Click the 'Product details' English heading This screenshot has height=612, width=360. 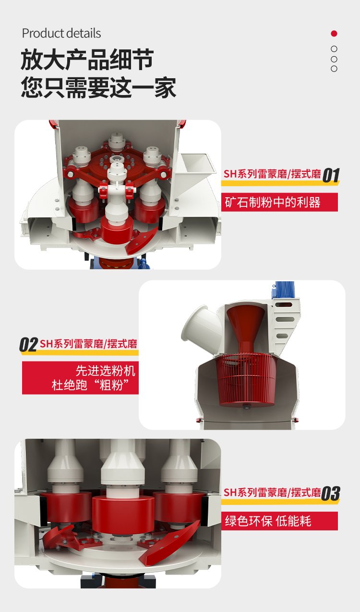(x=61, y=33)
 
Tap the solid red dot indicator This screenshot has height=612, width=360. (x=334, y=34)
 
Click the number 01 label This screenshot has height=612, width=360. (x=331, y=175)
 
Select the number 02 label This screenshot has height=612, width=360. (x=28, y=345)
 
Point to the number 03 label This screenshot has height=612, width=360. (x=331, y=493)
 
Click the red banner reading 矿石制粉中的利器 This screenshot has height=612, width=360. (x=279, y=202)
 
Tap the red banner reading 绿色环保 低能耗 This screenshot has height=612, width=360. (x=279, y=521)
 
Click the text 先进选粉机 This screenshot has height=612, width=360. (x=106, y=371)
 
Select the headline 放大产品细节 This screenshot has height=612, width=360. (x=87, y=60)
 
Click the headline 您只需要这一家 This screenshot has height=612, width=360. (x=98, y=87)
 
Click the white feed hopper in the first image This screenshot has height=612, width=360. (x=194, y=169)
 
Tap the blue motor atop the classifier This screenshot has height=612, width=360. (x=284, y=289)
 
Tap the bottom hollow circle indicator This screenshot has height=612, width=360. (x=334, y=69)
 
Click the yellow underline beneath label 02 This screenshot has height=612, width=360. (x=79, y=353)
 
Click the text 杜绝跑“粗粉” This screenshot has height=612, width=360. (x=90, y=385)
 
